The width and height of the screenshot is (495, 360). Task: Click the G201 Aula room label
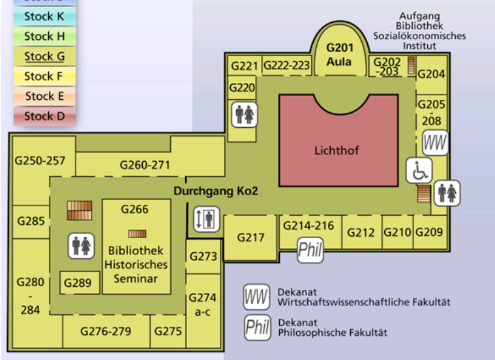[339, 55]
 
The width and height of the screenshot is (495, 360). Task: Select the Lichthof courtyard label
[337, 151]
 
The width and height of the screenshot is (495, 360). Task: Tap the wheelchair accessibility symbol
[419, 170]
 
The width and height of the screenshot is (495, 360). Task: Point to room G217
[251, 237]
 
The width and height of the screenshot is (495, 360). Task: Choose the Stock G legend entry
[44, 57]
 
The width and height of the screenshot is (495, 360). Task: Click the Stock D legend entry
[44, 116]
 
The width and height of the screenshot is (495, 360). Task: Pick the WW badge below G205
[436, 142]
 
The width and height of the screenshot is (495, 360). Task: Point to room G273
[203, 256]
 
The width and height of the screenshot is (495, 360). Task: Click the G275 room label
[168, 331]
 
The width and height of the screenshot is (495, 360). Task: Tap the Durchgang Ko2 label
[216, 191]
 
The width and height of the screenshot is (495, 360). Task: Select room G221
[245, 65]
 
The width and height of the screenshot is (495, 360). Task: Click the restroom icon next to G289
[81, 245]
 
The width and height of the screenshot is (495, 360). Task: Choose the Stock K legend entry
[44, 17]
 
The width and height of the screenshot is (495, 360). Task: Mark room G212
[361, 232]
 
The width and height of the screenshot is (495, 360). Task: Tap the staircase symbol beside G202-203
[411, 65]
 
